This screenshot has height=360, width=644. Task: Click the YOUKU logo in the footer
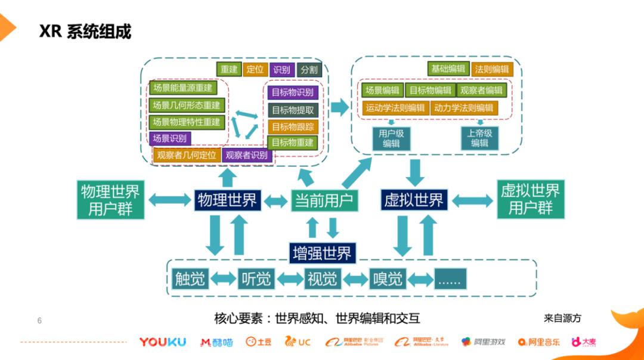pyautogui.click(x=162, y=342)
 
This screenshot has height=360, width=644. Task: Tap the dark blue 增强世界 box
pyautogui.click(x=322, y=253)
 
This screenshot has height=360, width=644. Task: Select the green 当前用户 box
pyautogui.click(x=324, y=200)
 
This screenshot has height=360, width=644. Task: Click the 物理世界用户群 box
pyautogui.click(x=110, y=200)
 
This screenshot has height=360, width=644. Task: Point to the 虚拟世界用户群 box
pyautogui.click(x=530, y=200)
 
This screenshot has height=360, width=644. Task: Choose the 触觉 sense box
pyautogui.click(x=190, y=278)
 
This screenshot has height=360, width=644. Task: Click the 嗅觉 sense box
pyautogui.click(x=388, y=278)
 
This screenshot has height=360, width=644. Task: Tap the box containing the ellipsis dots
pyautogui.click(x=450, y=278)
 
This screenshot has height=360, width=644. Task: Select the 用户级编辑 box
pyautogui.click(x=391, y=138)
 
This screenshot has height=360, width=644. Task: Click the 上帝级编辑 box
pyautogui.click(x=479, y=138)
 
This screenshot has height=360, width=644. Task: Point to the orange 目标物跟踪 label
pyautogui.click(x=293, y=126)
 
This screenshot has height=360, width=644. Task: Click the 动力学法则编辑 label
pyautogui.click(x=463, y=108)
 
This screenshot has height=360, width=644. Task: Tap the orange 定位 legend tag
pyautogui.click(x=255, y=69)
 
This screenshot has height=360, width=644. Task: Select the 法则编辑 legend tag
pyautogui.click(x=492, y=69)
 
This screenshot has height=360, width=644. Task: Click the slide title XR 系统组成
pyautogui.click(x=85, y=31)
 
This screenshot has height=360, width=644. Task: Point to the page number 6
pyautogui.click(x=39, y=321)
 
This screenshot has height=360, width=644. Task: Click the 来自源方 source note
pyautogui.click(x=562, y=318)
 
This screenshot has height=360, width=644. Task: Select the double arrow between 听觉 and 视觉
pyautogui.click(x=290, y=278)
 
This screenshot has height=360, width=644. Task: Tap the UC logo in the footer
pyautogui.click(x=298, y=342)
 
